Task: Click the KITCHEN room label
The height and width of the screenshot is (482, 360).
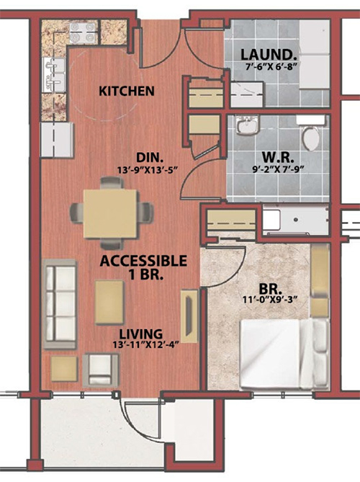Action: point(127,91)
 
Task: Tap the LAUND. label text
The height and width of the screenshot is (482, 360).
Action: point(269,55)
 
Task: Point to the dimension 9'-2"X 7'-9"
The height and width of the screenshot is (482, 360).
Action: point(278,169)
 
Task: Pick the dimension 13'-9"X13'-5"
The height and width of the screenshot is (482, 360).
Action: point(148,170)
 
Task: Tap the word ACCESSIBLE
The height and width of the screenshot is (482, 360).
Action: point(143,261)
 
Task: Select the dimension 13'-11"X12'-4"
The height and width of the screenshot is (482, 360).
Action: point(145,345)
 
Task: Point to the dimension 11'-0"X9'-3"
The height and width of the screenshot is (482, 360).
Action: point(271,300)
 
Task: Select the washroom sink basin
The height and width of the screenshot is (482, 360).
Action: point(248,125)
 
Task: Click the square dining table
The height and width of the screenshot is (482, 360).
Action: point(110,214)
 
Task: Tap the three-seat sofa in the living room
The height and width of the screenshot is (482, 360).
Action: point(60,304)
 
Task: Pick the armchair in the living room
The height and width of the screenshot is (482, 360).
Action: point(101,370)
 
